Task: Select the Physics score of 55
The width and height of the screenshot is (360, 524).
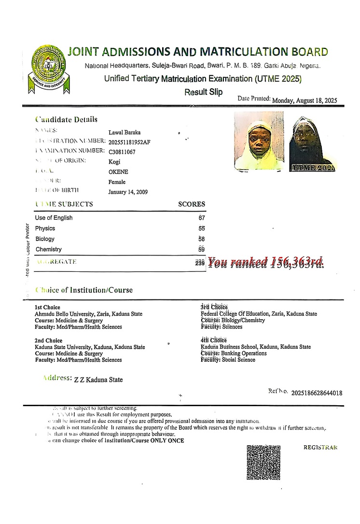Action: click(x=202, y=228)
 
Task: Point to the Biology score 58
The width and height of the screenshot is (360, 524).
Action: click(x=202, y=239)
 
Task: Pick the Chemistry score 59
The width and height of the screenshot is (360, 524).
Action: click(x=202, y=250)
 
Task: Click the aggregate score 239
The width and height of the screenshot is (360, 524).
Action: click(x=200, y=263)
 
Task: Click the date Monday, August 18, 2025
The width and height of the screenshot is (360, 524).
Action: click(x=305, y=101)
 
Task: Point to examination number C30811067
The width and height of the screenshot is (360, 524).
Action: click(x=122, y=152)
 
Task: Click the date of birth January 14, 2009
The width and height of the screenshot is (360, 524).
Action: click(x=128, y=192)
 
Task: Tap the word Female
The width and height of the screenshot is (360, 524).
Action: click(x=117, y=182)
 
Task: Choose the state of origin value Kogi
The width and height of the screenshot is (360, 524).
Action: click(x=115, y=162)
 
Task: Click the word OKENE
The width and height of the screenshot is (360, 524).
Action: click(x=118, y=172)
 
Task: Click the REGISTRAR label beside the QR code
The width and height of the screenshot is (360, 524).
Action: click(x=320, y=447)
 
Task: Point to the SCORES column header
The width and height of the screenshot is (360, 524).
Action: click(x=192, y=204)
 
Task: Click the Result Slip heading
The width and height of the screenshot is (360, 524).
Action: click(x=204, y=92)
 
